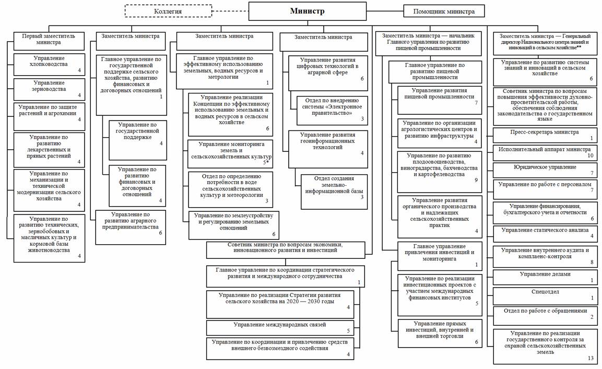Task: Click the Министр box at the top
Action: click(x=307, y=11)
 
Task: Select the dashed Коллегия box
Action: click(x=168, y=11)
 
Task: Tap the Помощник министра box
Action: click(x=444, y=11)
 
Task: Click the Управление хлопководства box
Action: click(x=49, y=64)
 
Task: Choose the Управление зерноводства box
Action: click(x=49, y=89)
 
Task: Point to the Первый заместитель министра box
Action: click(x=49, y=41)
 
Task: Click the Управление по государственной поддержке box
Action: click(x=137, y=140)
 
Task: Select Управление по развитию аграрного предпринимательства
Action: click(x=131, y=227)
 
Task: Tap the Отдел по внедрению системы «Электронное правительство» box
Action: click(x=332, y=111)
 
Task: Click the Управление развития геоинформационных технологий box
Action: click(x=328, y=149)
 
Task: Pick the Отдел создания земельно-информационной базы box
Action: click(x=334, y=192)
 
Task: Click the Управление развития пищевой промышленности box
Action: click(x=439, y=100)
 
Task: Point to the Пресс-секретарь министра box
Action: click(x=545, y=135)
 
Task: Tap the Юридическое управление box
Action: click(x=545, y=170)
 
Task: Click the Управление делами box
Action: click(x=545, y=277)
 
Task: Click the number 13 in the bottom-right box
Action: click(x=591, y=358)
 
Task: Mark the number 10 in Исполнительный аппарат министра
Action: click(x=590, y=155)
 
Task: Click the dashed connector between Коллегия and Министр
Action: click(x=230, y=11)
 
